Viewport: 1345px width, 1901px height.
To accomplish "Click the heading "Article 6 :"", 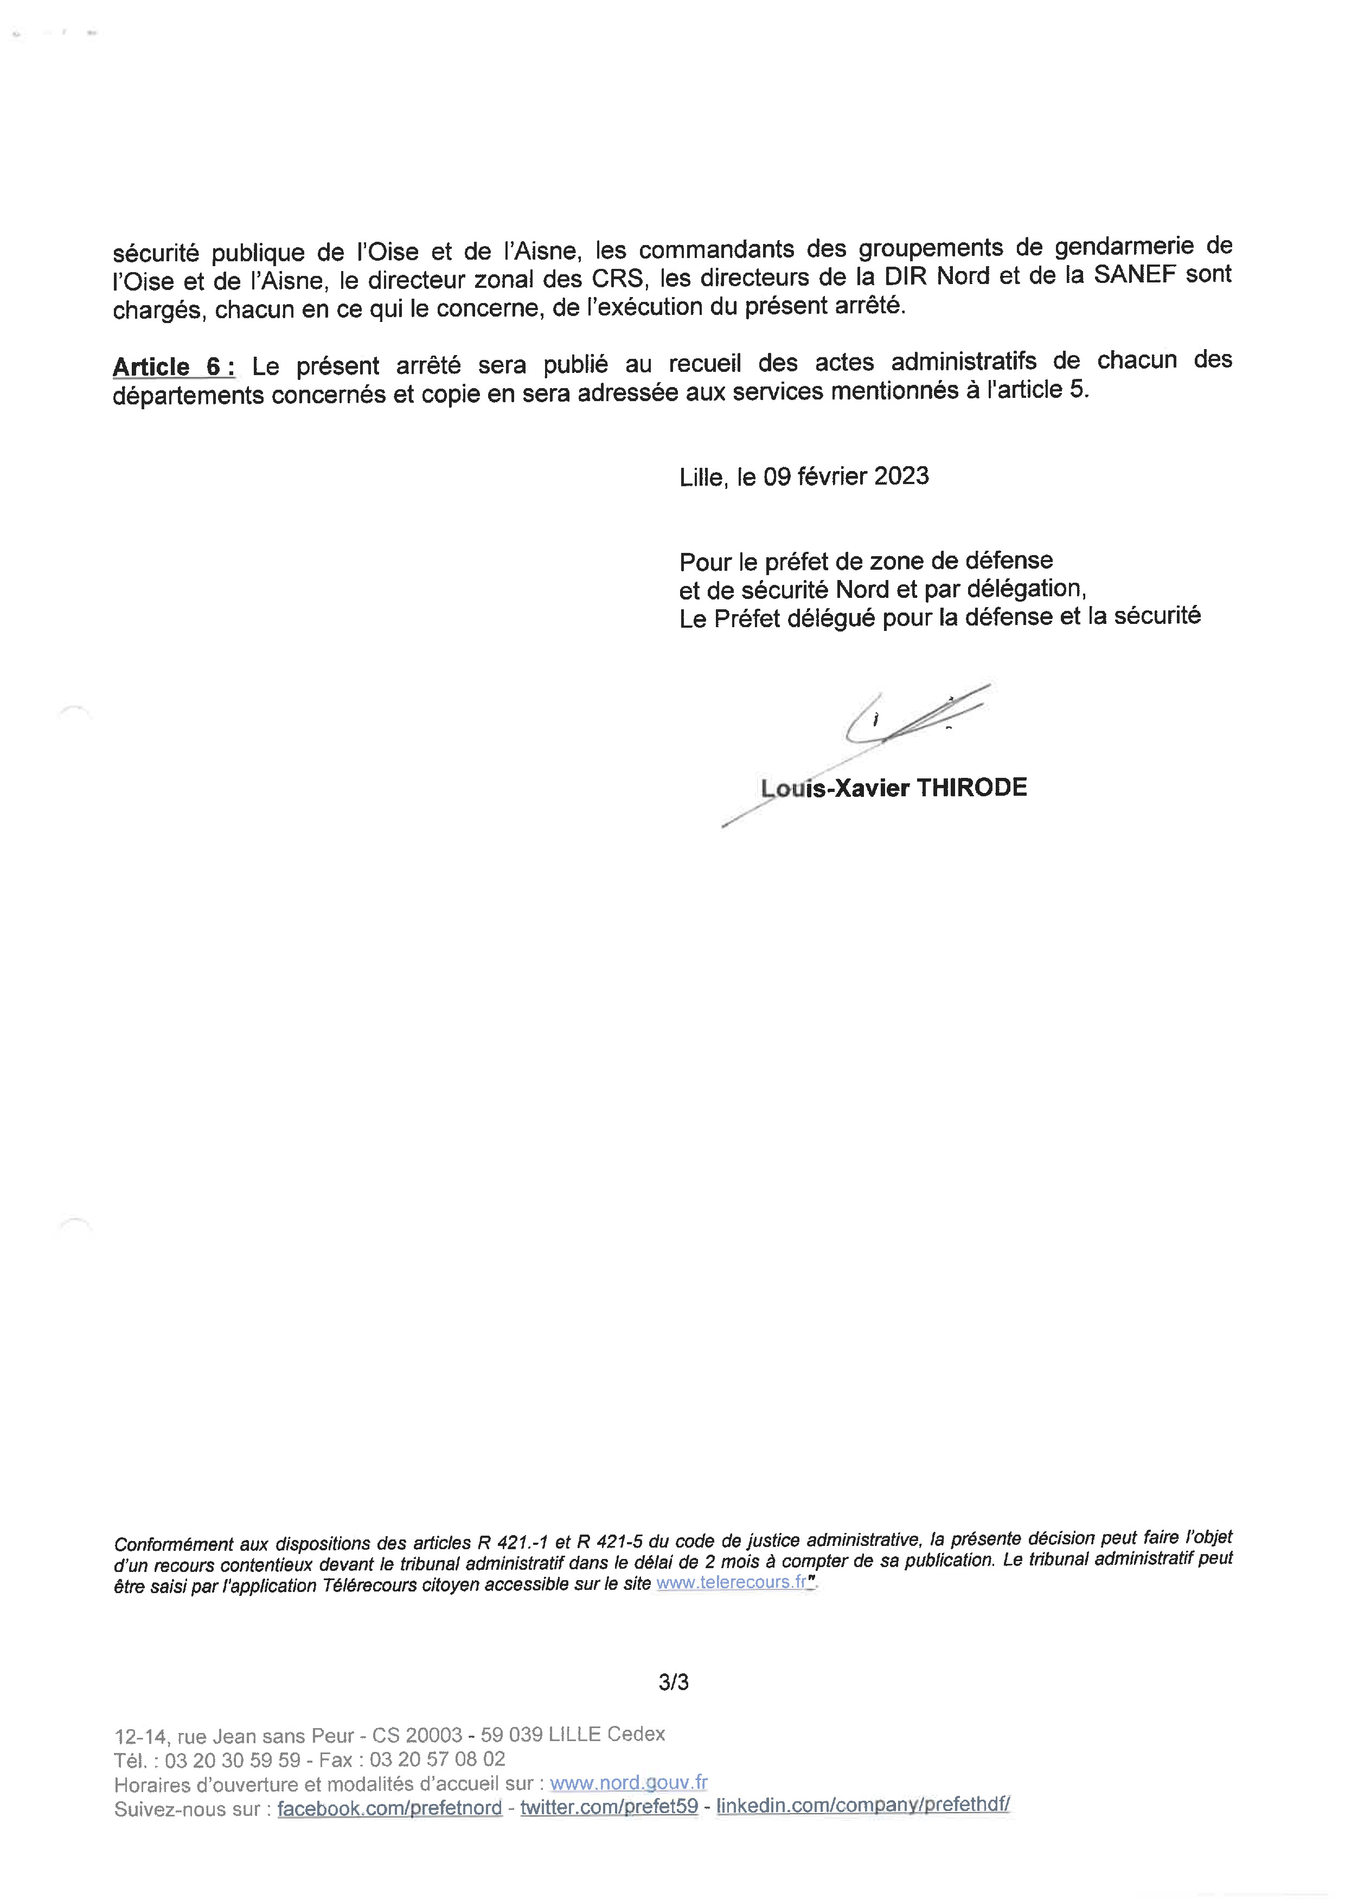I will pos(173,367).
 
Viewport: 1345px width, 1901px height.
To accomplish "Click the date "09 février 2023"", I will pos(846,476).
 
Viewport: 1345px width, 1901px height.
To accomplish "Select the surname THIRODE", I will pos(971,788).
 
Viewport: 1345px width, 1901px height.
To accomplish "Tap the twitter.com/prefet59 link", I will pos(609,1807).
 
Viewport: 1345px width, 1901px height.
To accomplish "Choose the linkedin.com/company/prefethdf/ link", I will pos(863,1805).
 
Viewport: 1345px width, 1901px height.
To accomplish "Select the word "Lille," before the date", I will pos(702,478).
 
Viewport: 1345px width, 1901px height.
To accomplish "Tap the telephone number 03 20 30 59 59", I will pos(233,1760).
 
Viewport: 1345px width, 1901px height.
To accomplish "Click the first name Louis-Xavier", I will pos(835,788).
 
